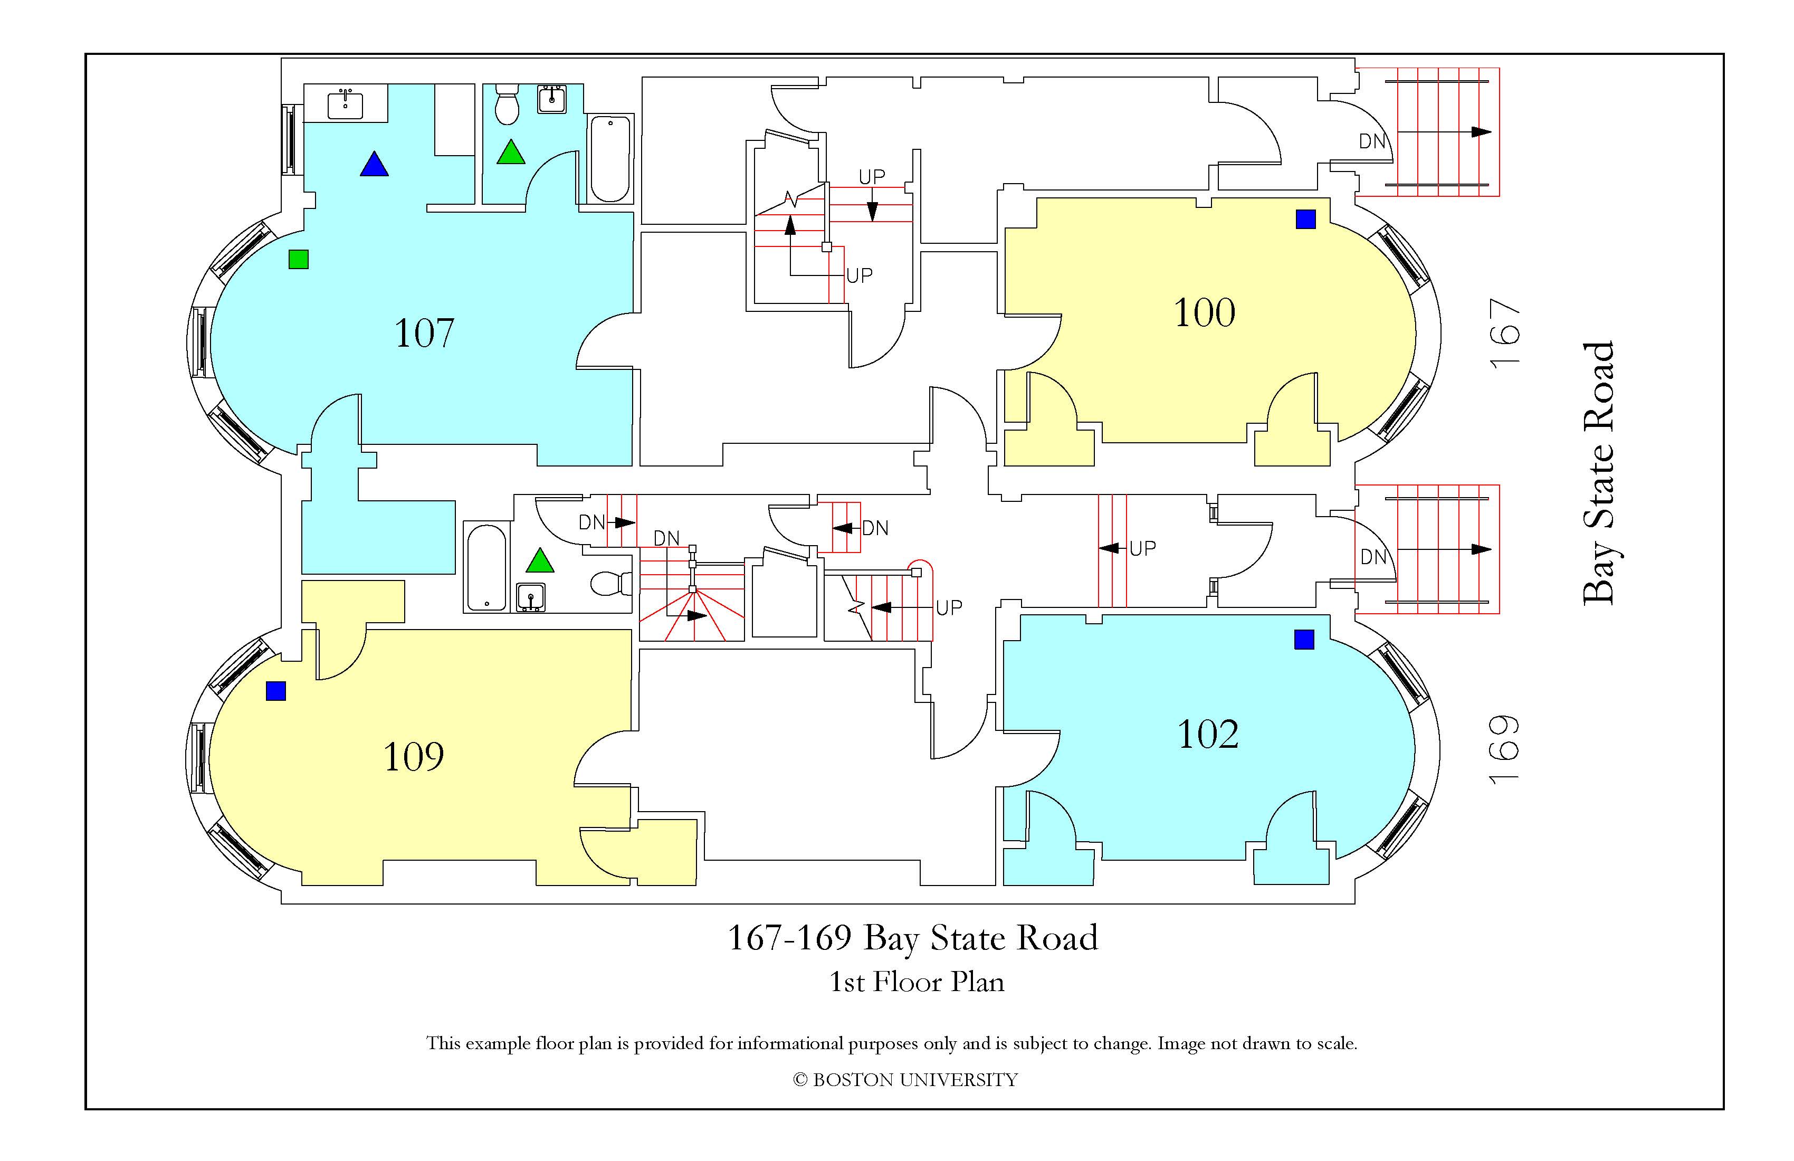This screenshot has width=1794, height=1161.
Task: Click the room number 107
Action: coord(424,332)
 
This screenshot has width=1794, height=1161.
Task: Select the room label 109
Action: coord(413,756)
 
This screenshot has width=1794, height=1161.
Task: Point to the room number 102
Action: coord(1208,734)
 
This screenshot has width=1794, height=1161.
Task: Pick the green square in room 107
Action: coord(299,259)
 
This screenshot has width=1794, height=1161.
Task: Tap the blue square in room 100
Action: coord(1305,220)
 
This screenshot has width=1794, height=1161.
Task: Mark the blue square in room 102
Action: coord(1304,639)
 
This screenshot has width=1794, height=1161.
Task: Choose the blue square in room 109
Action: coord(276,691)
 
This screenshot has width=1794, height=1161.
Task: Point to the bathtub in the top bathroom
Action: coord(610,158)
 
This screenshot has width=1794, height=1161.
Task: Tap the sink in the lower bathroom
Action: coord(531,596)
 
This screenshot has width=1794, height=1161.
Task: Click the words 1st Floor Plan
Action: coord(917,982)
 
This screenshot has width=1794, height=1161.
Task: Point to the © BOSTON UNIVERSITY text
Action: coord(905,1080)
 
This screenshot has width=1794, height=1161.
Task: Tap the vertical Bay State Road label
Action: coord(1598,473)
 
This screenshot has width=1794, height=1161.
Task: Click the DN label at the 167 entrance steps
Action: coord(1372,141)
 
